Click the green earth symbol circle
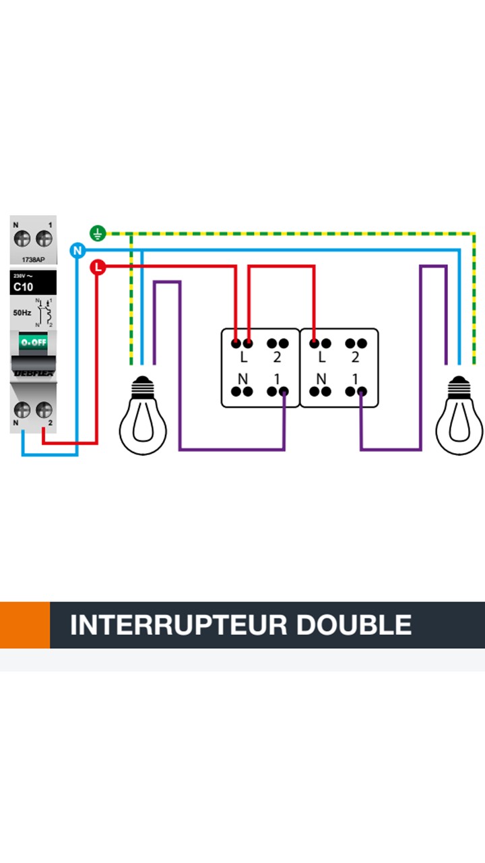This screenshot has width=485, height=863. coord(98,235)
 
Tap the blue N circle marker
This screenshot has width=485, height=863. coord(77,251)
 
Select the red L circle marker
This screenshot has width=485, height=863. coord(98,268)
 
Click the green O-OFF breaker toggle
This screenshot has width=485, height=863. coord(33,343)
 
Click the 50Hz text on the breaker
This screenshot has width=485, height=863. coord(22,313)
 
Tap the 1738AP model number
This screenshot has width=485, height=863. coord(33,258)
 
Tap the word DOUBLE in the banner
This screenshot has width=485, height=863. coord(354,625)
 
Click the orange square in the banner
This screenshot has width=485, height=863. coord(25,625)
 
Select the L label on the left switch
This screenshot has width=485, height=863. coord(243,358)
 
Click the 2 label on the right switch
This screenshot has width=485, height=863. coord(355,358)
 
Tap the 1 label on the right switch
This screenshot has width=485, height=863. coord(355,379)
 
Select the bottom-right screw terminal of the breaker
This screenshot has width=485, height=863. coord(44,409)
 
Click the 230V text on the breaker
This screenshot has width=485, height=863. coord(20,276)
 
